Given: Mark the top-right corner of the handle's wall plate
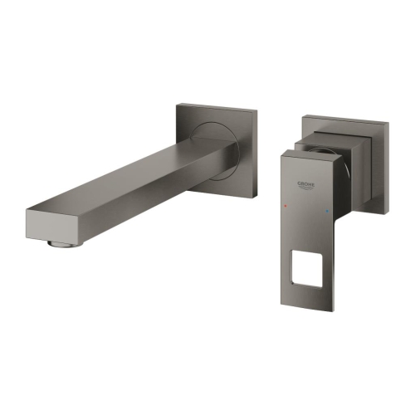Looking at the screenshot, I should point(389,125).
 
